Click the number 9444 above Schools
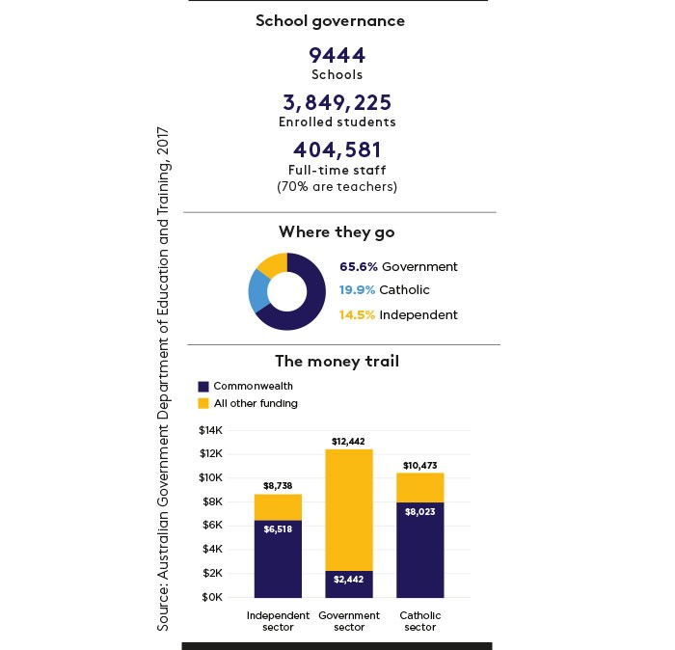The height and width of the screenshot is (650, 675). coord(337,56)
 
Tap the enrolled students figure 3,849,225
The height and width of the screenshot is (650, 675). coord(337,102)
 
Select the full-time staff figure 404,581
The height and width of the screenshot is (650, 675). coord(337,149)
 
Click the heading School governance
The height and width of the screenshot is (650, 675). coord(330,21)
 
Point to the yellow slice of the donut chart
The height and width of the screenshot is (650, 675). coord(273,264)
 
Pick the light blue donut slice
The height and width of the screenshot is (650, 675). coord(258,291)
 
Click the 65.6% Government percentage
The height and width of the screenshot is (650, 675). coord(359,267)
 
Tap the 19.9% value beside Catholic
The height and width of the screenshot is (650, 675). coord(357,290)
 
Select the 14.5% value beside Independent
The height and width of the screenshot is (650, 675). coord(357,315)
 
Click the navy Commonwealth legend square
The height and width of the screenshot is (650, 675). coord(203,386)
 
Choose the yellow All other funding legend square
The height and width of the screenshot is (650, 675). coord(203,403)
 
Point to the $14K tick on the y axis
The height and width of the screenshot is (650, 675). coord(211,430)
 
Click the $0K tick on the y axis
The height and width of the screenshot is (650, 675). coord(212,598)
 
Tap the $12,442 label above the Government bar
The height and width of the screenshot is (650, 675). coord(348,442)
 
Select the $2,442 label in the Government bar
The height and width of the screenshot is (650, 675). coord(349,580)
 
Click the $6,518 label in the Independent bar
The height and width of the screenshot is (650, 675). coord(278,529)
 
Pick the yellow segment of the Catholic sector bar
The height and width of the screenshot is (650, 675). coord(420,488)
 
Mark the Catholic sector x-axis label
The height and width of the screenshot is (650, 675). coord(420,621)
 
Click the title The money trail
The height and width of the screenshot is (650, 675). coord(337,361)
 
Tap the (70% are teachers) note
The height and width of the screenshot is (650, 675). coord(337,187)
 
